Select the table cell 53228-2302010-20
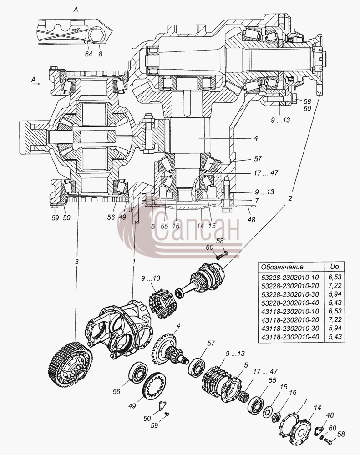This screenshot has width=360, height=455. (290, 286)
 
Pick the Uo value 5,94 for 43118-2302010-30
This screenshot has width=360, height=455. (334, 329)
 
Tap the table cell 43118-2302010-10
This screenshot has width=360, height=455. (290, 311)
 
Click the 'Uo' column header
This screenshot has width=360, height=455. (334, 267)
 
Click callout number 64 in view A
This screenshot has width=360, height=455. (89, 54)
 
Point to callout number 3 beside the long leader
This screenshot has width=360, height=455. (76, 262)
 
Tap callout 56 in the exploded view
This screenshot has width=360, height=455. (117, 392)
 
